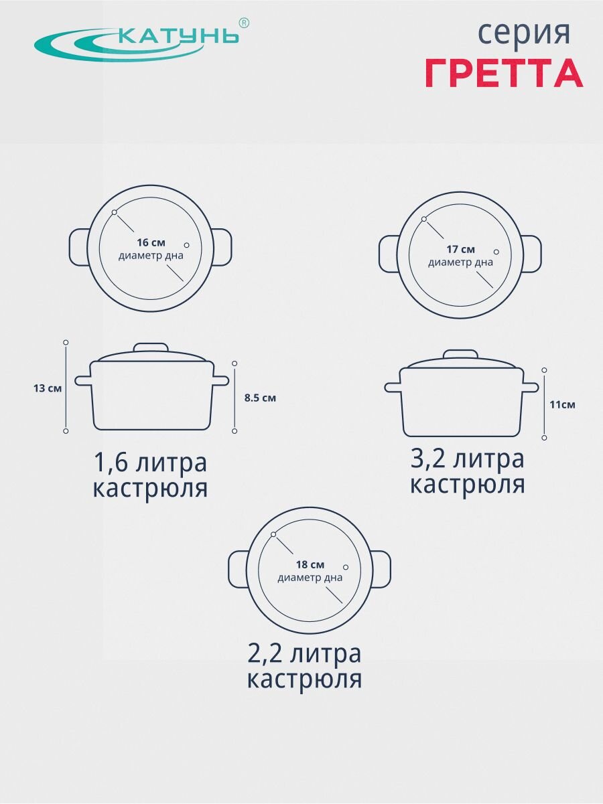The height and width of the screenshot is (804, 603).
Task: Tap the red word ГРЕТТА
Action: pos(505,72)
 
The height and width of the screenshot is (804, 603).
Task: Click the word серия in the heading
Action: pos(524,33)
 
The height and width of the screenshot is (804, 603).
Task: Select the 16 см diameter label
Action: pos(151,242)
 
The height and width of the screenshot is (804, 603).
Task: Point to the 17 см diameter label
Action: pos(460,250)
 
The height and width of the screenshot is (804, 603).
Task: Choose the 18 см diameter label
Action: pos(310,564)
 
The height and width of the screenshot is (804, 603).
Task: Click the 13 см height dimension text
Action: pos(48,388)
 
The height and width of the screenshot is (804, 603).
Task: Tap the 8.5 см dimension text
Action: pos(260,398)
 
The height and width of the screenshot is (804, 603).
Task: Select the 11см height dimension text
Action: pos(562,405)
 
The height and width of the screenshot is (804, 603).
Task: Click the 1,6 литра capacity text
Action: pos(151,463)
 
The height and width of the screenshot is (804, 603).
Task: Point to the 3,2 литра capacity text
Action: pos(468,459)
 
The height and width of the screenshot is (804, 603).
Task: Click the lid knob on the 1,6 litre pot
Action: pos(151,347)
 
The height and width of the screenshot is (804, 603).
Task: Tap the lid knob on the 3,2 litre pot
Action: pos(461,354)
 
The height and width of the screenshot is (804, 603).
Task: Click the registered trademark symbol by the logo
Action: pos(244,23)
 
